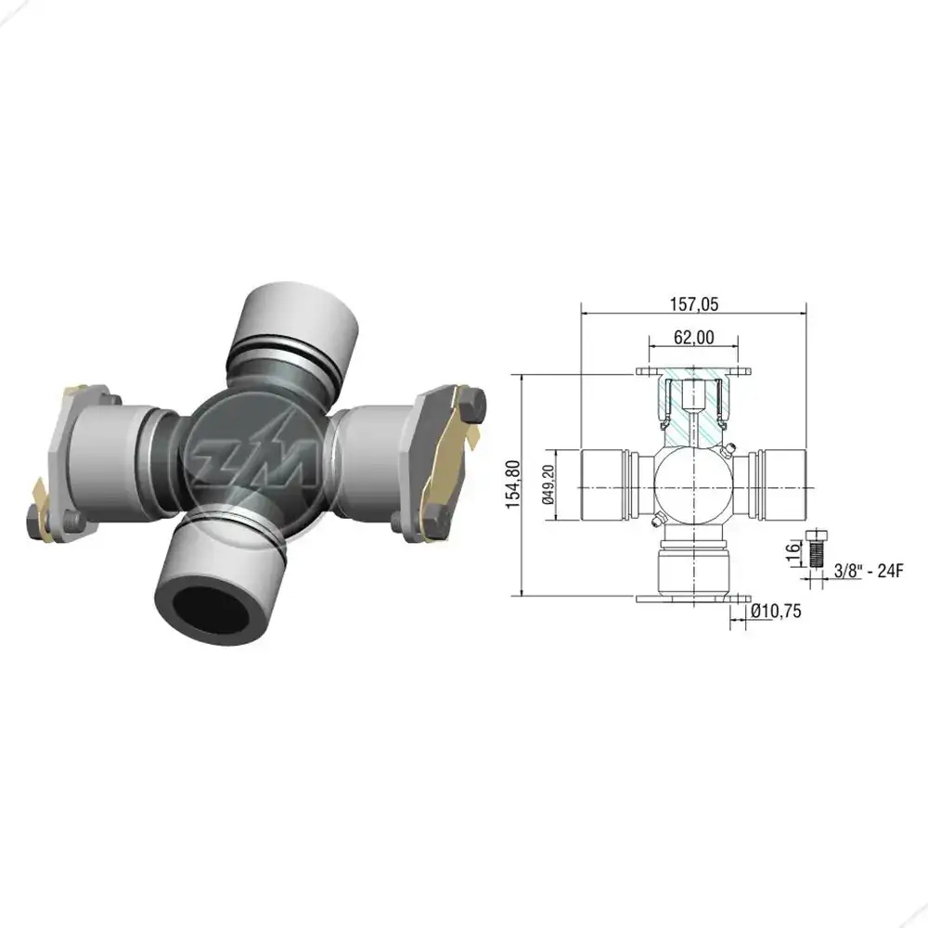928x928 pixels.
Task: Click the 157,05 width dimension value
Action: (x=693, y=304)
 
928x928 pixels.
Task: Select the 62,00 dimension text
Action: (x=693, y=338)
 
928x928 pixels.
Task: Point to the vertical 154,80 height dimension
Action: (x=512, y=484)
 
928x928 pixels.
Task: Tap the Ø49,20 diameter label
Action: (x=548, y=484)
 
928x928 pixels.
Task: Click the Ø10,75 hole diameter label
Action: (x=776, y=611)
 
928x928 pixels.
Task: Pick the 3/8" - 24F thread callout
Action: (x=869, y=571)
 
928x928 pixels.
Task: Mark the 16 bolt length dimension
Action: (x=793, y=551)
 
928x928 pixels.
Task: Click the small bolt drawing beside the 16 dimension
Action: (x=817, y=548)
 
